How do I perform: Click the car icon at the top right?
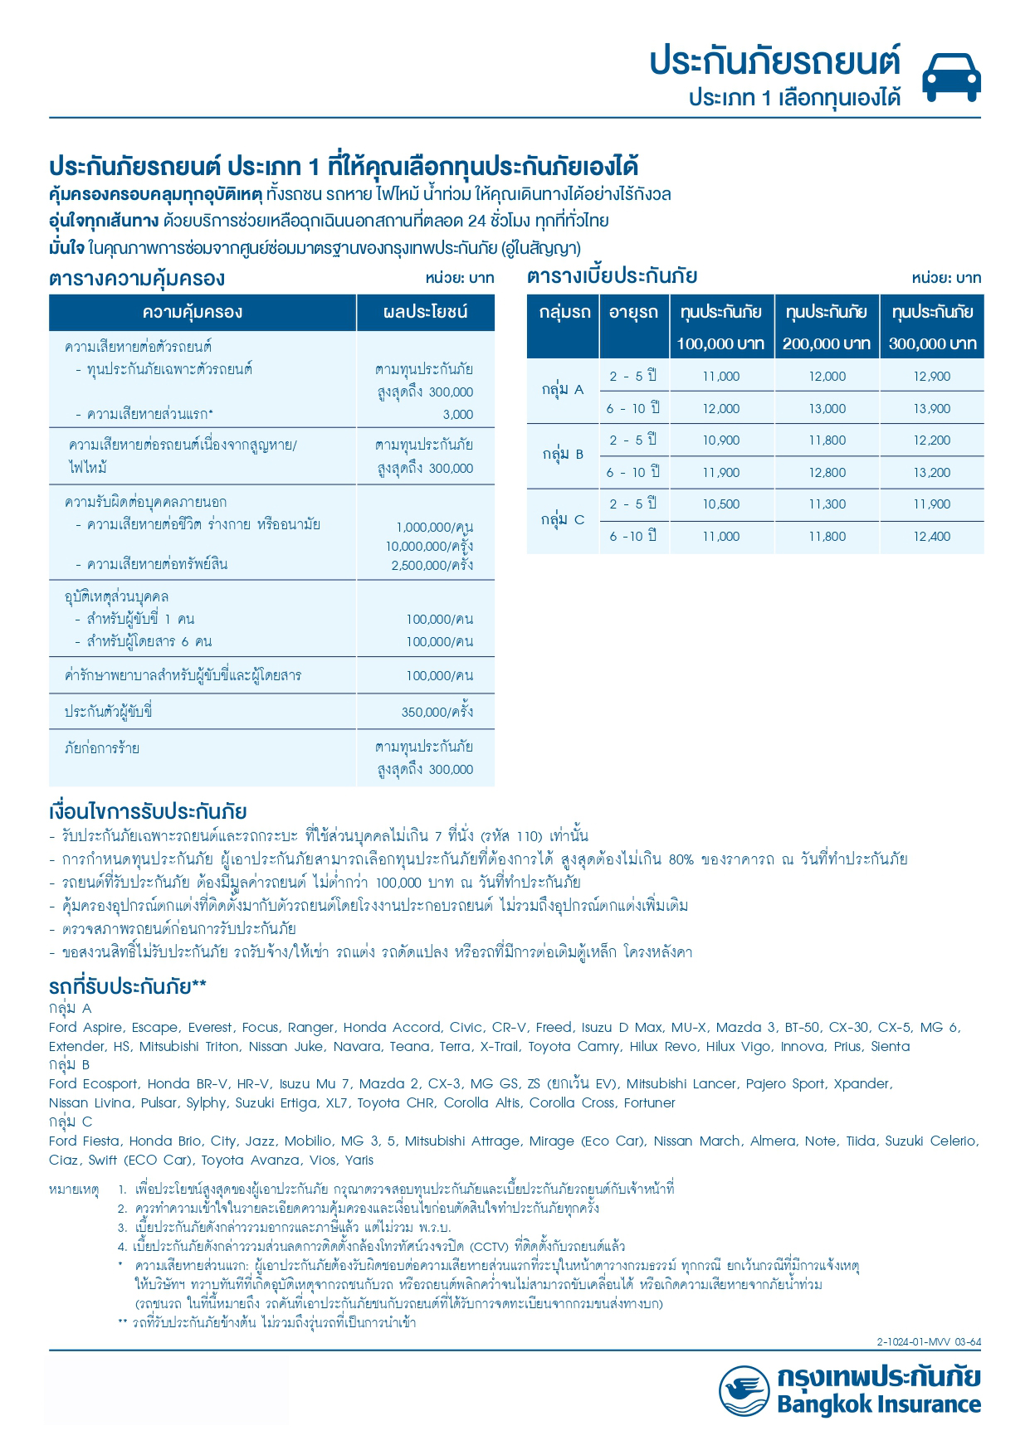click(x=951, y=76)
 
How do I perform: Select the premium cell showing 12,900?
click(x=932, y=377)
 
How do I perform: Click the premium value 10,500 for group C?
click(x=720, y=504)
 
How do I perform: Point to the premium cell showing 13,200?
click(x=932, y=473)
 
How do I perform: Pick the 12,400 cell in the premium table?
click(x=932, y=537)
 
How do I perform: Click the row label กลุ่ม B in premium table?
click(x=564, y=455)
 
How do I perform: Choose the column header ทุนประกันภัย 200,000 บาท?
click(x=827, y=327)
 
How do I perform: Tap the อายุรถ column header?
click(x=633, y=313)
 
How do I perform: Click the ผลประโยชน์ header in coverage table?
click(x=425, y=313)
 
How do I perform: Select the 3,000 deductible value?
click(x=458, y=415)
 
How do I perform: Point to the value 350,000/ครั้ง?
click(x=437, y=712)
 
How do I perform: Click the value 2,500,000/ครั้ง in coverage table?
click(x=432, y=566)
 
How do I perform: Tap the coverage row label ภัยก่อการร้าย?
click(x=102, y=748)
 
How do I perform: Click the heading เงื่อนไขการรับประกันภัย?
click(x=148, y=811)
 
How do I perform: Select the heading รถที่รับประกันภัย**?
click(x=128, y=987)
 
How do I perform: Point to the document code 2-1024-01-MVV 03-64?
click(x=928, y=1342)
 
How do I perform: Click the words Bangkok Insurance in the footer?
click(x=879, y=1404)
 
